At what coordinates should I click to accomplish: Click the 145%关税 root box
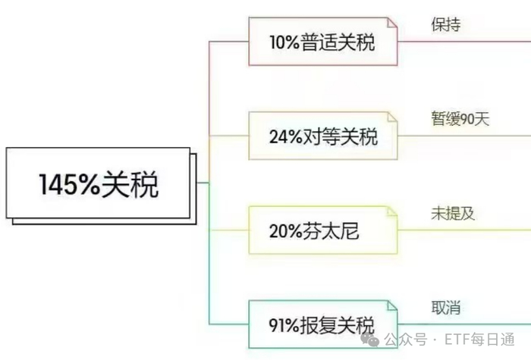[99, 183]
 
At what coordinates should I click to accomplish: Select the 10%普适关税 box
[322, 41]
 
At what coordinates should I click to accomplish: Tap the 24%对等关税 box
[322, 136]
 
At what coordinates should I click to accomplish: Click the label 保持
[445, 23]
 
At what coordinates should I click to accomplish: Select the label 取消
[445, 308]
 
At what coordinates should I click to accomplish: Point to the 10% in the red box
[284, 42]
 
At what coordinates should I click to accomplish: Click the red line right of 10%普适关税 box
[463, 41]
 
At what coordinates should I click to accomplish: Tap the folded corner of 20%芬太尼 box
[389, 212]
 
